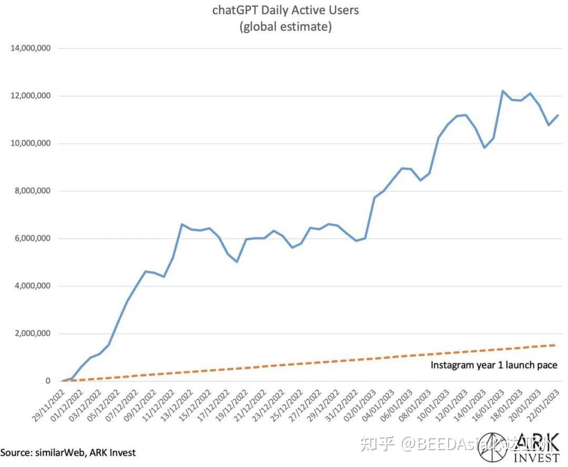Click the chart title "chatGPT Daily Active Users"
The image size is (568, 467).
tap(286, 9)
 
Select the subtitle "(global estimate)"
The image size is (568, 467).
tap(286, 27)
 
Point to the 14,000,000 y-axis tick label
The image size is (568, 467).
tap(31, 48)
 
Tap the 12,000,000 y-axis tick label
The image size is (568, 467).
tap(31, 96)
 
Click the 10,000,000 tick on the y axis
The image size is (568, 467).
tap(31, 144)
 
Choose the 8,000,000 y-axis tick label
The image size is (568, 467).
tap(33, 191)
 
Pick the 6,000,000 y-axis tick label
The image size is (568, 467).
tap(33, 238)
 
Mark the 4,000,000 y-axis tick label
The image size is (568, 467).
tap(33, 286)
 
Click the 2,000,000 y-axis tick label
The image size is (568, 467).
tap(33, 333)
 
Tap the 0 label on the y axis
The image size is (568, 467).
tap(47, 381)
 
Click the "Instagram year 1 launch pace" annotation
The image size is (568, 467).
tap(494, 365)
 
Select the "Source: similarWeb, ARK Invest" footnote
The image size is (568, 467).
tap(68, 452)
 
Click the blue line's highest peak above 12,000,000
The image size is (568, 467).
tap(502, 91)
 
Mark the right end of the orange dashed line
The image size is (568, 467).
tap(556, 345)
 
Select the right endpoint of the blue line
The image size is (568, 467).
tap(557, 115)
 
